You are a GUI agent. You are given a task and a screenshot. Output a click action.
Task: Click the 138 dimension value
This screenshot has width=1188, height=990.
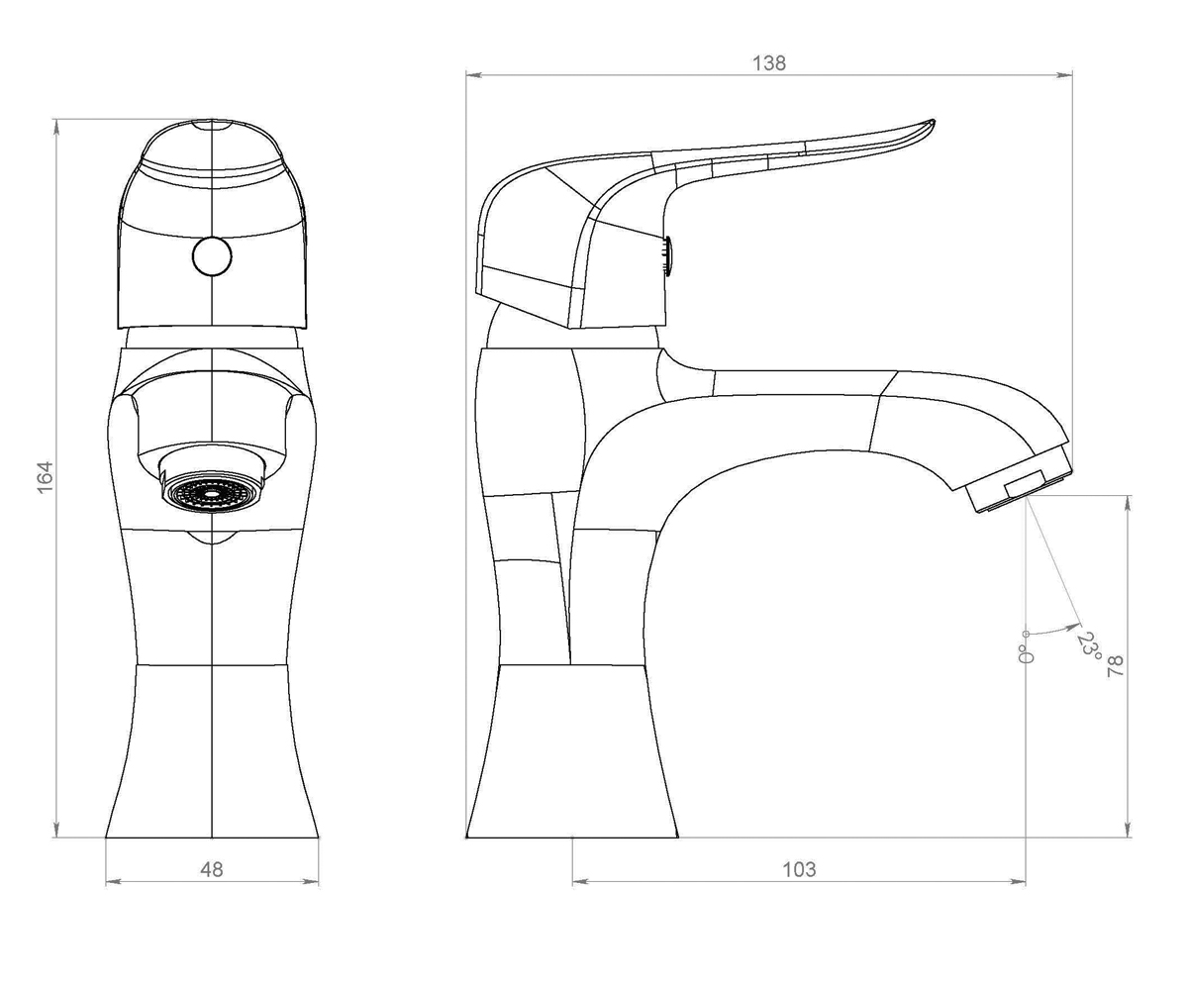click(769, 63)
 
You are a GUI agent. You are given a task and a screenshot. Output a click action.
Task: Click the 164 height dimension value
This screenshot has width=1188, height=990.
click(45, 477)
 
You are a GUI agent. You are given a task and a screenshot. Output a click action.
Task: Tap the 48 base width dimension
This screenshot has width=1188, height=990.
click(212, 869)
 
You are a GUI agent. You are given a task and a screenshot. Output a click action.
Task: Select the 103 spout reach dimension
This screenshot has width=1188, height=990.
click(799, 869)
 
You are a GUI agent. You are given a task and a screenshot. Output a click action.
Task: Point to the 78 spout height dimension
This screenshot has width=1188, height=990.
click(1116, 665)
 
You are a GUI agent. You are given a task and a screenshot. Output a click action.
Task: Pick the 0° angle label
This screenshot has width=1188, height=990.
click(1026, 654)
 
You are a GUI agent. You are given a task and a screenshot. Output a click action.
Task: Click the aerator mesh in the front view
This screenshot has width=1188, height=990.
click(212, 491)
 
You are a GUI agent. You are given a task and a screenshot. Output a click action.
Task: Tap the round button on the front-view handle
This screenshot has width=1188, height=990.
click(212, 256)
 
